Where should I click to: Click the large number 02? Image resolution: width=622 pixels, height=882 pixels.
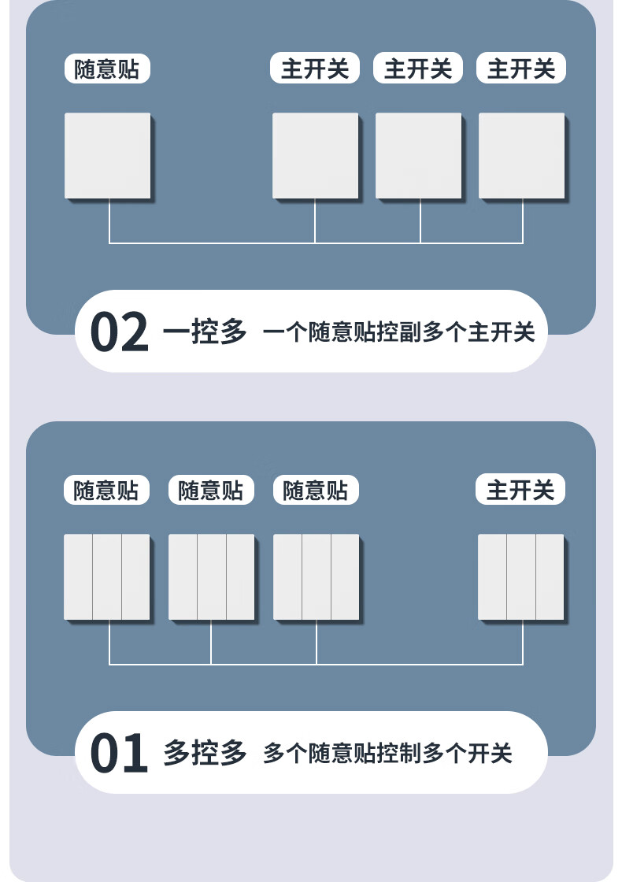click(x=120, y=332)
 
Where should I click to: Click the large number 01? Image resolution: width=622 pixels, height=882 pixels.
click(x=120, y=754)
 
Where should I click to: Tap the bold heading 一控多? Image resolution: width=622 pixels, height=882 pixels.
click(x=205, y=332)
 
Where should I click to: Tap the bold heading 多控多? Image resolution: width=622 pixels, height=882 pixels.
click(x=205, y=754)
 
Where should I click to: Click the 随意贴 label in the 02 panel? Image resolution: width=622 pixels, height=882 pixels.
click(x=107, y=69)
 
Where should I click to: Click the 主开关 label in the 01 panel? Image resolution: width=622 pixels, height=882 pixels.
click(x=520, y=491)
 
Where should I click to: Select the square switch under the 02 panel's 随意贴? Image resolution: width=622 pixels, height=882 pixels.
click(x=108, y=155)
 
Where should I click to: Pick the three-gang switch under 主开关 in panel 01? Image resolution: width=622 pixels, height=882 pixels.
click(x=521, y=576)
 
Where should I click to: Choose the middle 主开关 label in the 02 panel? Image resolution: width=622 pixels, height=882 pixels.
click(x=418, y=69)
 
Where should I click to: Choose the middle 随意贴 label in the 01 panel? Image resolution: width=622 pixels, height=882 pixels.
click(x=211, y=491)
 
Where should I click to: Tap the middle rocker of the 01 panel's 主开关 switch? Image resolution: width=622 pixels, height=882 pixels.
click(x=521, y=576)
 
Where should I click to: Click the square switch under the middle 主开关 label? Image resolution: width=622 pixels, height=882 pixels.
click(x=419, y=155)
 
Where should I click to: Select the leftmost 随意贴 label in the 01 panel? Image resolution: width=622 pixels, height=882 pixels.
click(x=106, y=491)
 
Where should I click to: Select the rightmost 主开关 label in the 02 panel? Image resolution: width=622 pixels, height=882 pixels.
click(x=521, y=69)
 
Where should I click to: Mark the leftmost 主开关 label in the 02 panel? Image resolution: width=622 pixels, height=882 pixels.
click(x=315, y=69)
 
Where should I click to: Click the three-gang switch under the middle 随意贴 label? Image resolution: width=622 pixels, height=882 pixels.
click(x=212, y=576)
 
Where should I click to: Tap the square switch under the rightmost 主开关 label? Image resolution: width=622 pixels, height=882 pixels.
click(x=522, y=155)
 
